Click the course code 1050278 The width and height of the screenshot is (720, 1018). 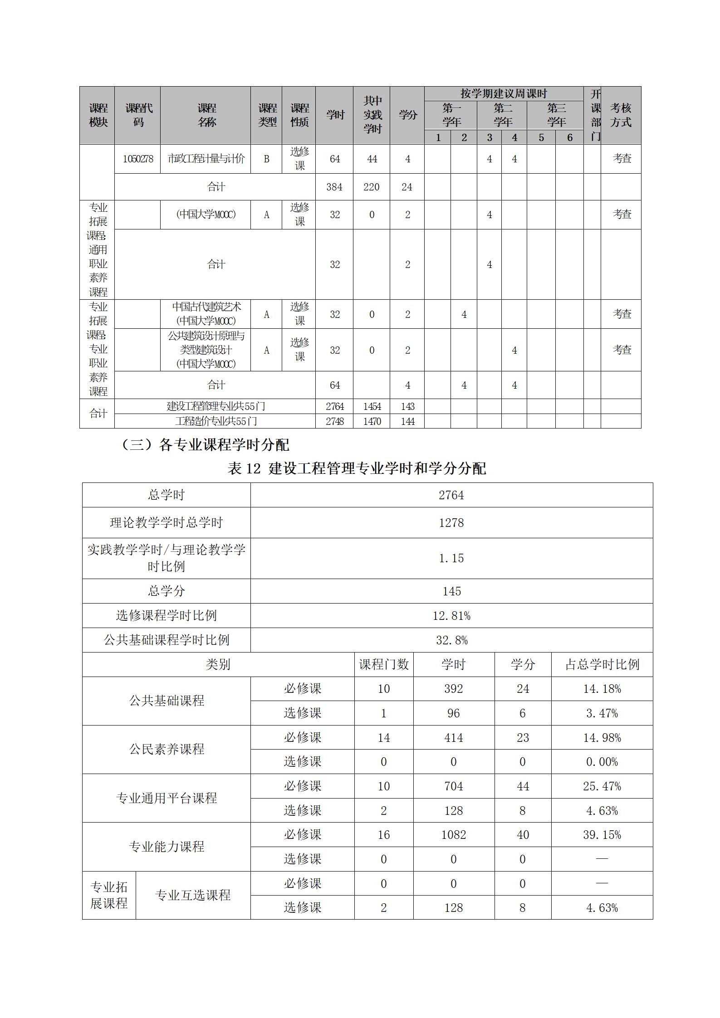[x=138, y=159]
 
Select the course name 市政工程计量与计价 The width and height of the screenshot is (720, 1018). [x=206, y=159]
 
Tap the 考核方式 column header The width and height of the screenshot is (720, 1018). [x=621, y=115]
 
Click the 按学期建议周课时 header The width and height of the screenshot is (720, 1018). [x=504, y=94]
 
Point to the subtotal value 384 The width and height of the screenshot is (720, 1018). [x=334, y=187]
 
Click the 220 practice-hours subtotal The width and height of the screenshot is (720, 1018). [x=372, y=187]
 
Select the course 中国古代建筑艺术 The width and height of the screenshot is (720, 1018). [x=206, y=307]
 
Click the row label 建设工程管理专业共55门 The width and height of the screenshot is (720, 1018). [x=216, y=406]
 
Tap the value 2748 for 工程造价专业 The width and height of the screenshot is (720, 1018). [x=335, y=421]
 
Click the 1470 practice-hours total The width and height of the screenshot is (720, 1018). [x=372, y=421]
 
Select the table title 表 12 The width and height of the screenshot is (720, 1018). [x=357, y=468]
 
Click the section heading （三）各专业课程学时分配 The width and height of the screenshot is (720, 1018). [x=206, y=445]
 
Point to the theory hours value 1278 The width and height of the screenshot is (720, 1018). [x=451, y=523]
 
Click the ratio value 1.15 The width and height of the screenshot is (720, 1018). [x=451, y=558]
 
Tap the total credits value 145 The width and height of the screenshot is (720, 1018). [x=451, y=591]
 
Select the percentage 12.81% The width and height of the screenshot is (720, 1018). [x=451, y=616]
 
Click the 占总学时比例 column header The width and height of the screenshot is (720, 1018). [x=602, y=665]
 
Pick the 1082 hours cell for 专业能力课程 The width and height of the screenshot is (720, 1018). [x=454, y=835]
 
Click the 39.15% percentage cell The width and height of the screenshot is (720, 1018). [x=602, y=835]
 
